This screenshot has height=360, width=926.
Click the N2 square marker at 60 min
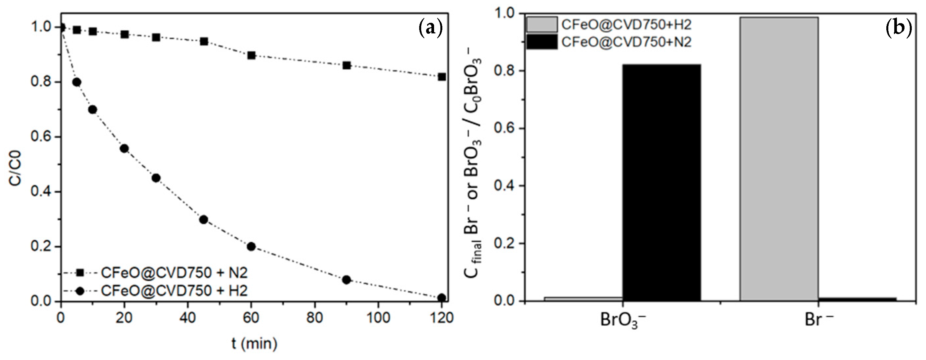[251, 56]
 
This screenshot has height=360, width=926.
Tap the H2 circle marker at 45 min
[203, 220]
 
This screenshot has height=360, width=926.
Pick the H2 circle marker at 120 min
[442, 298]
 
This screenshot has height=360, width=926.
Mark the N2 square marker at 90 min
[346, 65]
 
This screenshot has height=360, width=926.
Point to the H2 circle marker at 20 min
[124, 148]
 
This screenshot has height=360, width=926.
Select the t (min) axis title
[254, 344]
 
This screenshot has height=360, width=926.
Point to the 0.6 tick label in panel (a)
[40, 137]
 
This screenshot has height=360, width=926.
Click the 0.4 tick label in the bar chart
[505, 186]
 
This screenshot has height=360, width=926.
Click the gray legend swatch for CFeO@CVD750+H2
[542, 25]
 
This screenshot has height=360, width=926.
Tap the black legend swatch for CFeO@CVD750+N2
[542, 42]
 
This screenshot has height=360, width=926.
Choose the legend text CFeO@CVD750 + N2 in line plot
[174, 273]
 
